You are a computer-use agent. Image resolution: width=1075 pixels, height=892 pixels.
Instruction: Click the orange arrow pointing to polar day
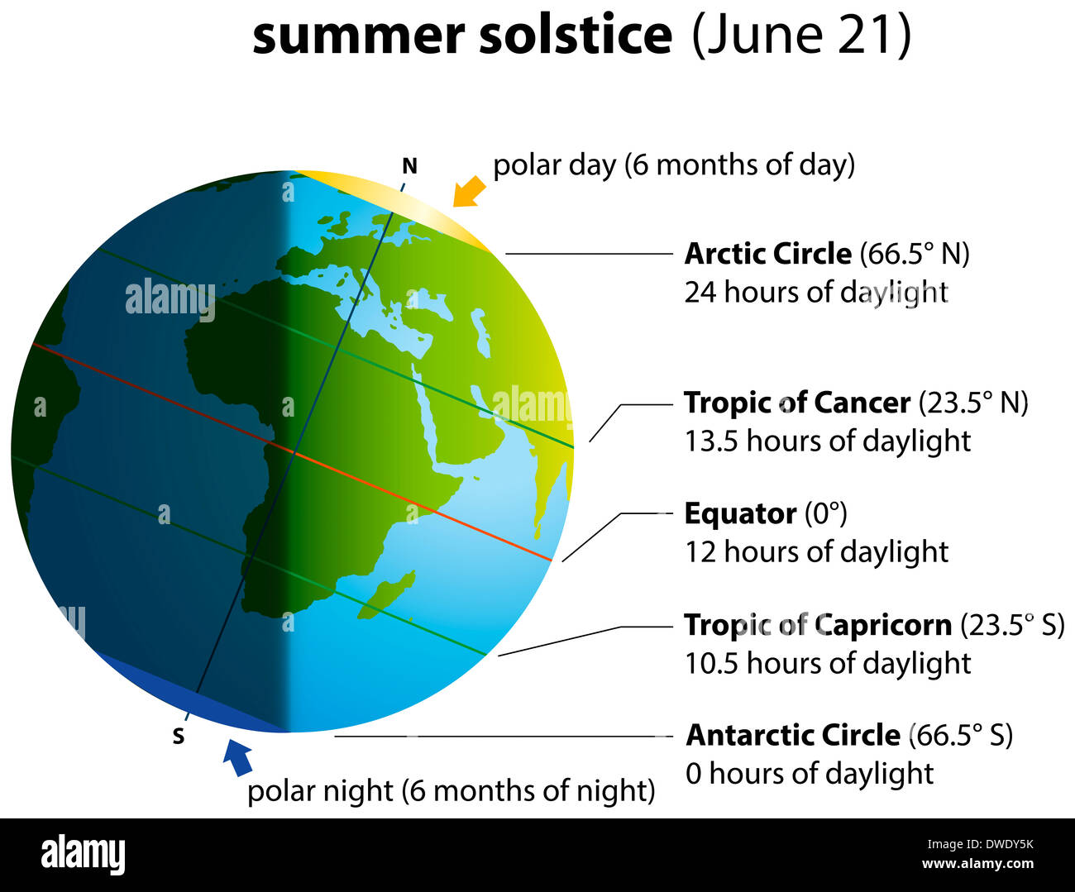tap(469, 191)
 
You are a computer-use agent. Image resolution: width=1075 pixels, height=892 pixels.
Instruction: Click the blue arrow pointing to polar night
tap(238, 756)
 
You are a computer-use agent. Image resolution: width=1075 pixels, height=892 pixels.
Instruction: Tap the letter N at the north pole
tap(409, 167)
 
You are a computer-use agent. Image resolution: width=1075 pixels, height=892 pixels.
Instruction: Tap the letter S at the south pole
tap(179, 736)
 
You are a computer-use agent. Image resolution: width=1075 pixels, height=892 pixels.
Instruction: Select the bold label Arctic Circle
tap(767, 254)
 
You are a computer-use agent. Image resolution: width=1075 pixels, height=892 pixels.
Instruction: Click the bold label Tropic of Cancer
tap(796, 403)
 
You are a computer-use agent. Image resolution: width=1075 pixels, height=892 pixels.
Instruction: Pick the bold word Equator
tap(740, 513)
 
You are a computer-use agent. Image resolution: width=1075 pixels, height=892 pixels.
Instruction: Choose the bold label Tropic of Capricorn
tap(817, 625)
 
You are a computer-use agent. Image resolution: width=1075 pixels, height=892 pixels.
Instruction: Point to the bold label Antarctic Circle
tap(793, 735)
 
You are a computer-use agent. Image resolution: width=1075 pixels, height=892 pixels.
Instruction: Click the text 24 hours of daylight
tap(815, 292)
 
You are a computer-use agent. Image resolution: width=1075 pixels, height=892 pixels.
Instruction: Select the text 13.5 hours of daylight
tap(827, 441)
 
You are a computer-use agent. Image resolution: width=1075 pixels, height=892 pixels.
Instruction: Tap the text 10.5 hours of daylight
tap(827, 663)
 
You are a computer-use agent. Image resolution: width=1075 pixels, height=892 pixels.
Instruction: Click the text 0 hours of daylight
tap(809, 773)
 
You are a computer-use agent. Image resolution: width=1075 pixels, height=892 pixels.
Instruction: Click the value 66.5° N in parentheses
tap(915, 254)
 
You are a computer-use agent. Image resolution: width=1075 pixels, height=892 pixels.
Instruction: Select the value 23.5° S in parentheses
tap(1012, 625)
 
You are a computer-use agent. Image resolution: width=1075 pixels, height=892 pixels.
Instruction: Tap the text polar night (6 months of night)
tap(451, 791)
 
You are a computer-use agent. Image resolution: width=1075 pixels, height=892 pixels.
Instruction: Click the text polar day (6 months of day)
tap(673, 165)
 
